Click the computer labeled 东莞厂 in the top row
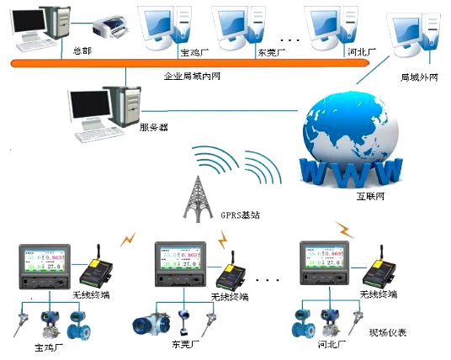coord(237,27)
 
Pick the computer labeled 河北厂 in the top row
coord(329,27)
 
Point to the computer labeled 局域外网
coord(411,38)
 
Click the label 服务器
coord(153,128)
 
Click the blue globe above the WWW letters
coord(353,126)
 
